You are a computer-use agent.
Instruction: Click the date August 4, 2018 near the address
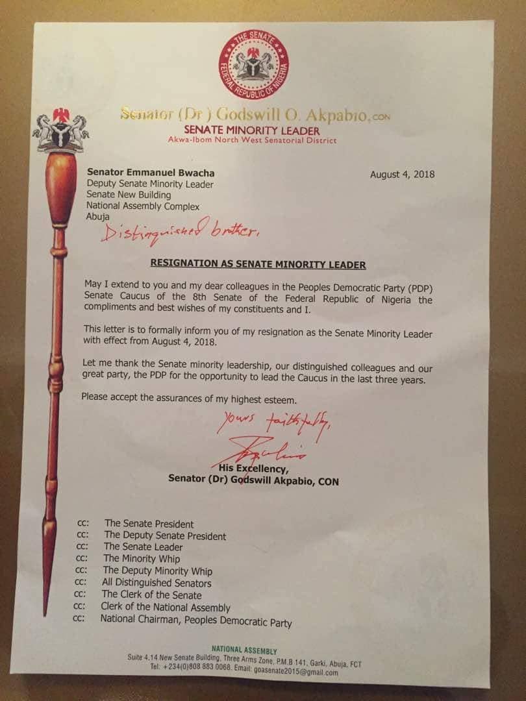(402, 174)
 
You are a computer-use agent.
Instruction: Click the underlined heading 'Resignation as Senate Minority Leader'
(258, 265)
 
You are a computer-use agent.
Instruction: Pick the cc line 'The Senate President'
(149, 523)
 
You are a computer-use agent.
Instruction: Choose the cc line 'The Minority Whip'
(142, 558)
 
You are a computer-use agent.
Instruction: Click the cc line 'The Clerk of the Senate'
(151, 595)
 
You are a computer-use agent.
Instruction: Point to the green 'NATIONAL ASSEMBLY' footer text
(244, 650)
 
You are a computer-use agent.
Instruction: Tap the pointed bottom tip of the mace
(45, 610)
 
